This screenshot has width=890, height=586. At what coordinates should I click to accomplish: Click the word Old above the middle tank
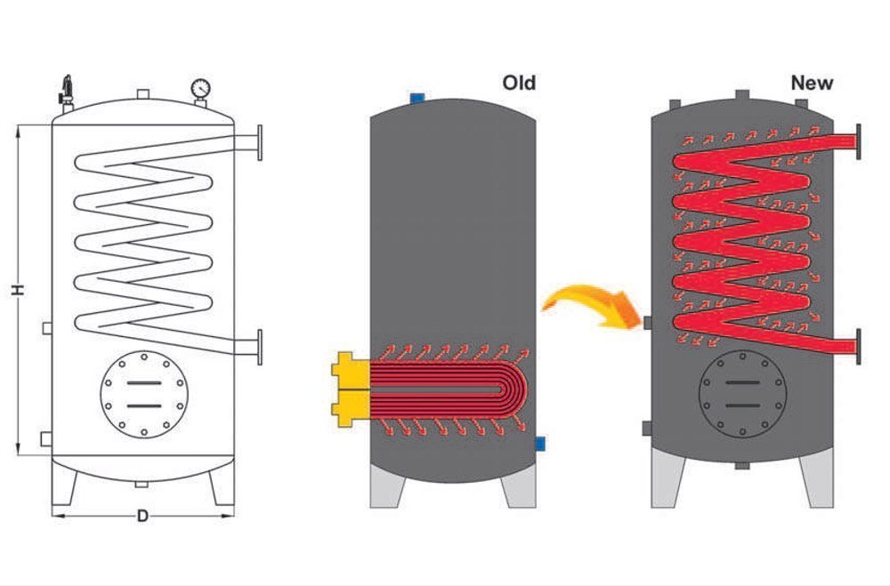tap(519, 83)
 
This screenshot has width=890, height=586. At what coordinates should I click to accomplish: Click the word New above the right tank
tap(812, 83)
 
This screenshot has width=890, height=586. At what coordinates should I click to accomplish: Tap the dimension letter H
tap(16, 290)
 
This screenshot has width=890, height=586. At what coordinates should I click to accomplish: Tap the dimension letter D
tap(142, 517)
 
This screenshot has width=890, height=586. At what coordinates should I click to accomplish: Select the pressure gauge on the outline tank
tap(200, 89)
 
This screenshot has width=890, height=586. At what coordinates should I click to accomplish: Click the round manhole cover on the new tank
tap(741, 391)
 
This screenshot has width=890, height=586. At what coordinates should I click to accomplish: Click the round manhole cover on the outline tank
tap(143, 394)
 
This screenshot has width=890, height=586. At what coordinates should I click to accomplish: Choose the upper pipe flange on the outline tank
tap(260, 143)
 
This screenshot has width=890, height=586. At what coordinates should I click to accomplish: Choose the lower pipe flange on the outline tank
tap(260, 344)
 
